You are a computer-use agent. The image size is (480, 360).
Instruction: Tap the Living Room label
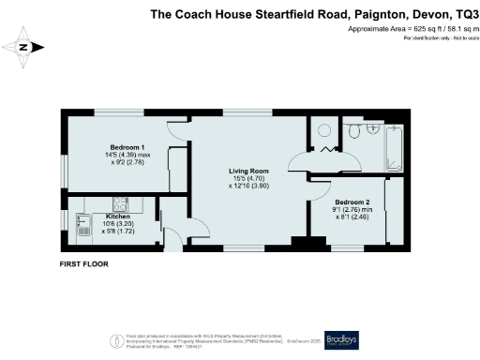[248, 171]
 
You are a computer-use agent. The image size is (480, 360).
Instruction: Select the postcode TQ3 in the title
[458, 14]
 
